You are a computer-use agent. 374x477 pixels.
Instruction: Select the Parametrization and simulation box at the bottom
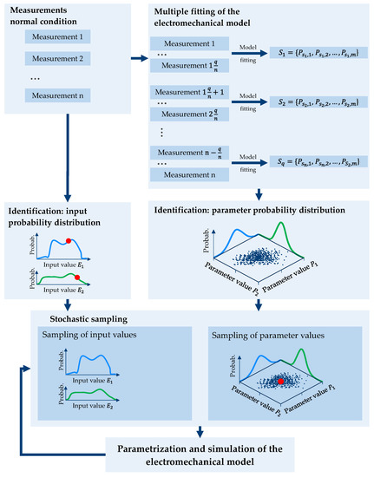pos(200,453)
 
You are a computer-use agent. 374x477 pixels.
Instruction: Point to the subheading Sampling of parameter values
pos(271,335)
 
